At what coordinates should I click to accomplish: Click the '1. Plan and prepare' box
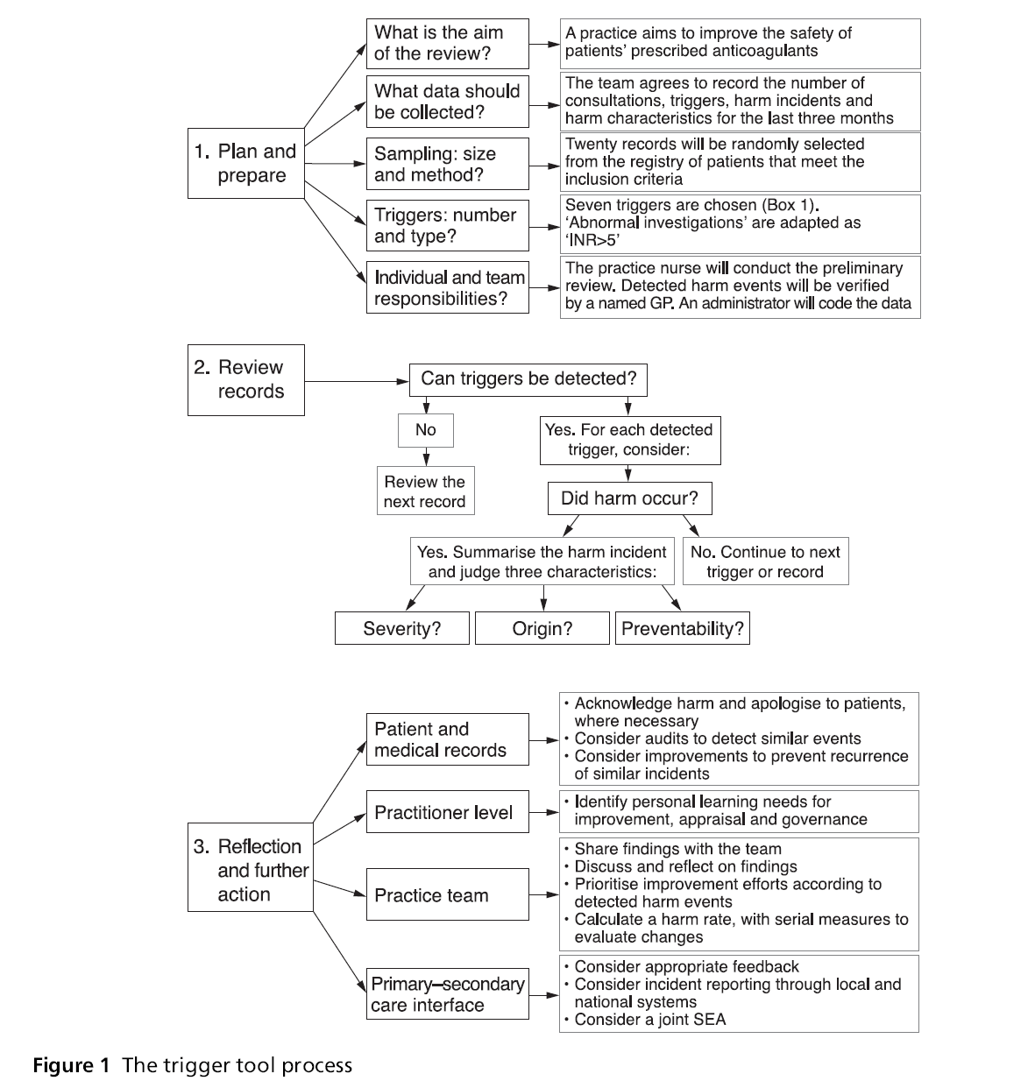click(x=246, y=163)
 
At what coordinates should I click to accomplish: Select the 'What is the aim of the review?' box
click(x=447, y=43)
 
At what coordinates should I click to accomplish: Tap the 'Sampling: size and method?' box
click(x=447, y=163)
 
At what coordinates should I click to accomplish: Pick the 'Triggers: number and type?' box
click(x=447, y=225)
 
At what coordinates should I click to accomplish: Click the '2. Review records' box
click(x=246, y=379)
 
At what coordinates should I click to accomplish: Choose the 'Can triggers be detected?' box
click(x=528, y=379)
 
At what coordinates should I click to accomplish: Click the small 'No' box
click(x=426, y=429)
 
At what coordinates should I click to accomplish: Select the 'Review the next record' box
click(x=425, y=491)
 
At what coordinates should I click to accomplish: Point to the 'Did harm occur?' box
click(x=629, y=498)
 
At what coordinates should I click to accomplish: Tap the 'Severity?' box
click(x=402, y=628)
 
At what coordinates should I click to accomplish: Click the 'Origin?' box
click(x=542, y=628)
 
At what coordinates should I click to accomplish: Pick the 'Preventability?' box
click(x=682, y=628)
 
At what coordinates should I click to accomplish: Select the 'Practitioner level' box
click(x=447, y=812)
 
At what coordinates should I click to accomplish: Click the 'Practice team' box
click(x=447, y=894)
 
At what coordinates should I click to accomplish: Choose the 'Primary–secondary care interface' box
click(x=447, y=994)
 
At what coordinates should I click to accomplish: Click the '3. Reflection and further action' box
click(x=251, y=870)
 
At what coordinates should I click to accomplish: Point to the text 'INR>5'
click(x=594, y=239)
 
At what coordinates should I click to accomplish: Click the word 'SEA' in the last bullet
click(x=709, y=1019)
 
